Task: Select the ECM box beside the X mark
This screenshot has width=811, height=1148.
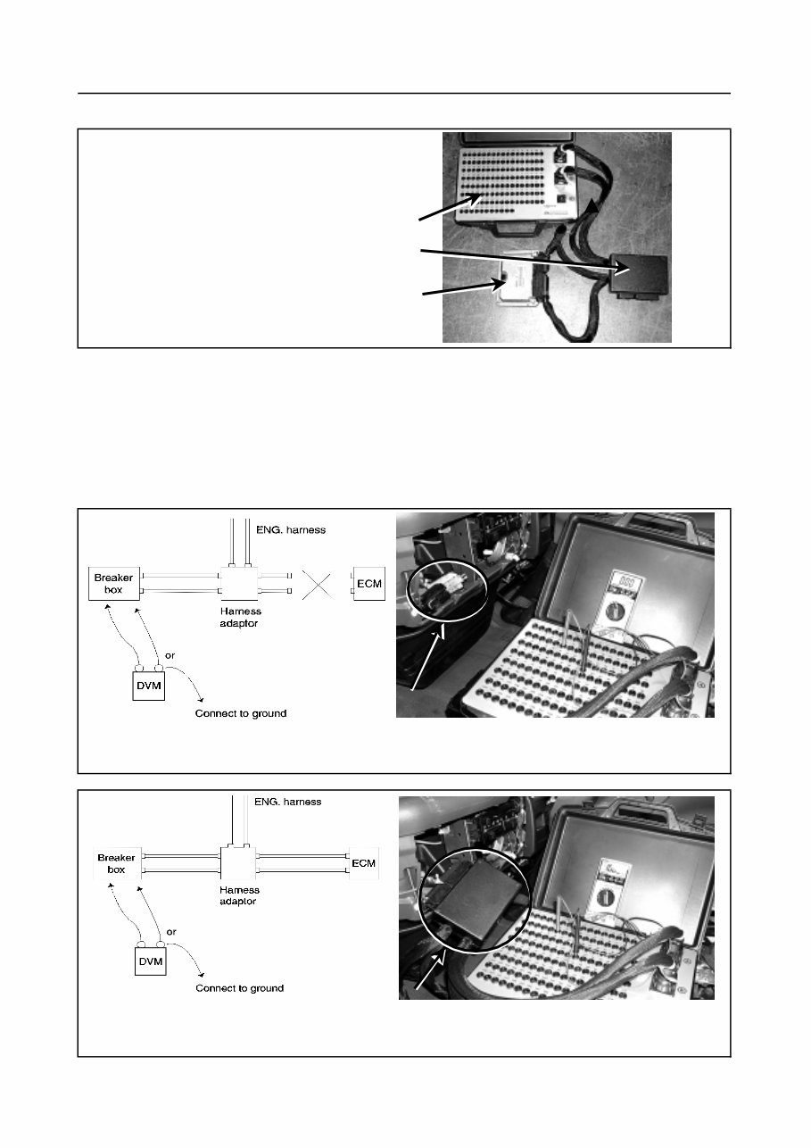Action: pos(368,583)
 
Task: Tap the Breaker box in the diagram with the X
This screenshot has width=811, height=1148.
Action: pos(114,583)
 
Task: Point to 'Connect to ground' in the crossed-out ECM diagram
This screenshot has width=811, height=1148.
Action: pos(241,714)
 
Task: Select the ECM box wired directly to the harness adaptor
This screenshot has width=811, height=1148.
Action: pos(364,863)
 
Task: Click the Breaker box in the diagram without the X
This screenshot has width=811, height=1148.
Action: pos(116,863)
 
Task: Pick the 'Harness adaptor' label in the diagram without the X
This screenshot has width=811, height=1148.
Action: pos(238,895)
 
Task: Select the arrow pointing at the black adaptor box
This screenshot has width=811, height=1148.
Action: pos(517,260)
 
